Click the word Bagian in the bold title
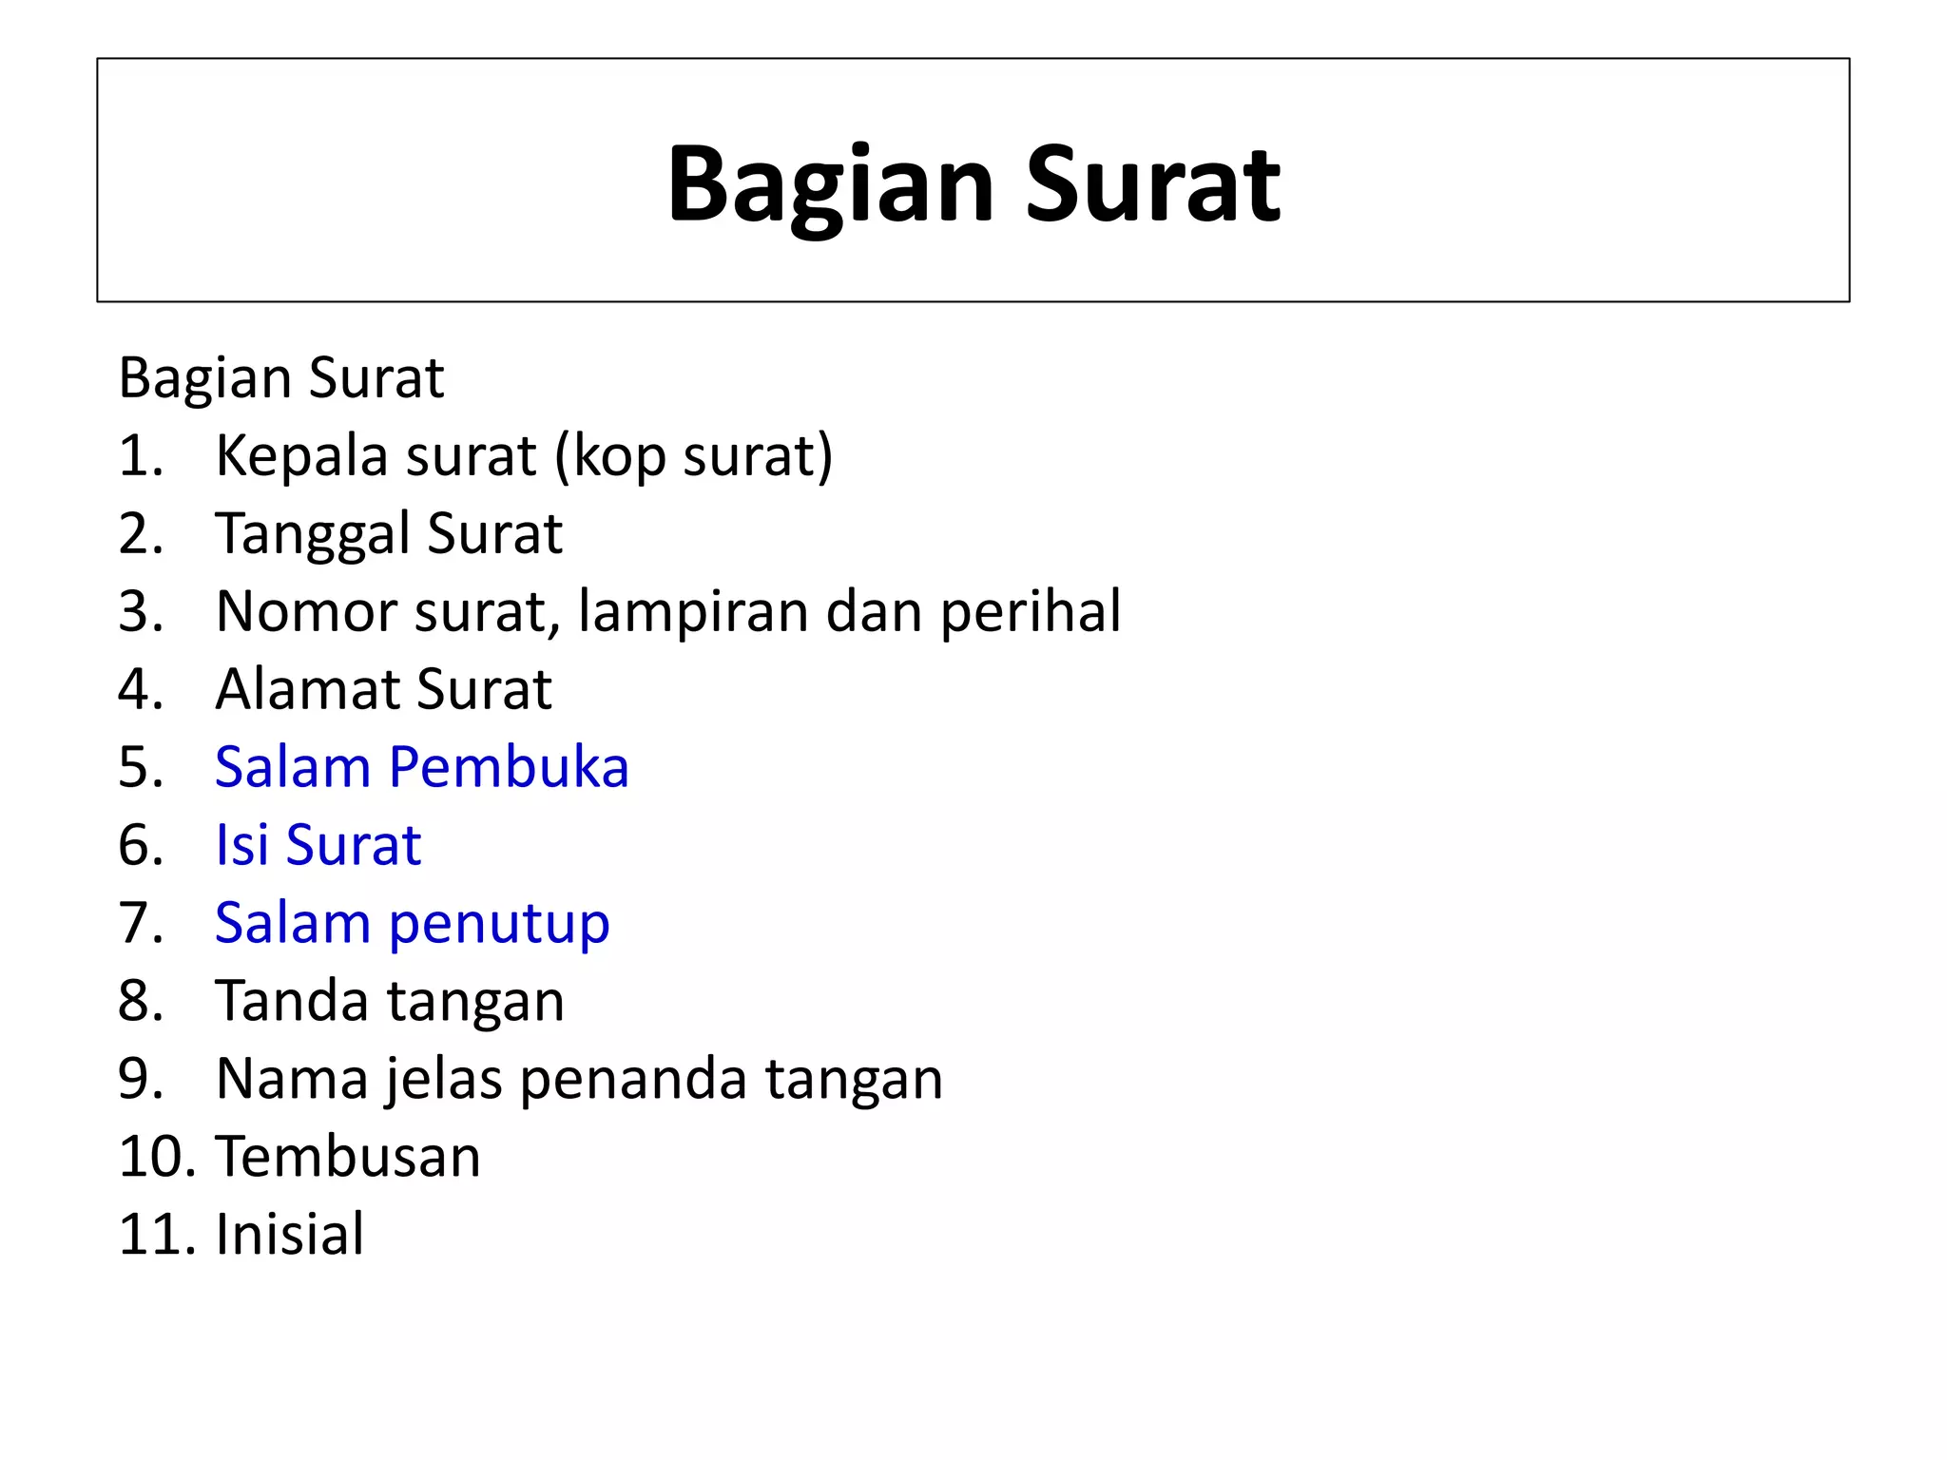(830, 184)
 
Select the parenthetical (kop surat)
(693, 456)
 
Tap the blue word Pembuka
(509, 767)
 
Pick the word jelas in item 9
(443, 1080)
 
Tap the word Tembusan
(348, 1157)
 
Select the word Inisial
(290, 1235)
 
